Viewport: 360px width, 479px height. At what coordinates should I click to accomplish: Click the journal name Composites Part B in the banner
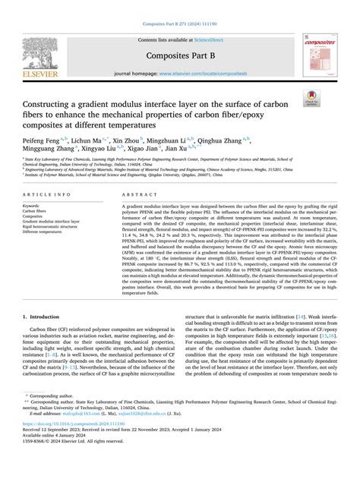[182, 55]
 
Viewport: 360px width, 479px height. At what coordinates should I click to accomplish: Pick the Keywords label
[37, 205]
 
